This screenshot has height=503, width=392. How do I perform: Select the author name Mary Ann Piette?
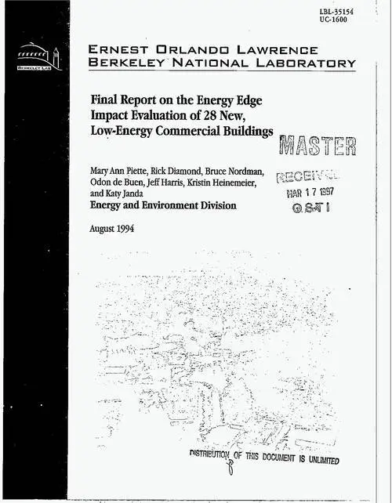click(x=120, y=170)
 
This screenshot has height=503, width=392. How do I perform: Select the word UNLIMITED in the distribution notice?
click(x=314, y=459)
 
